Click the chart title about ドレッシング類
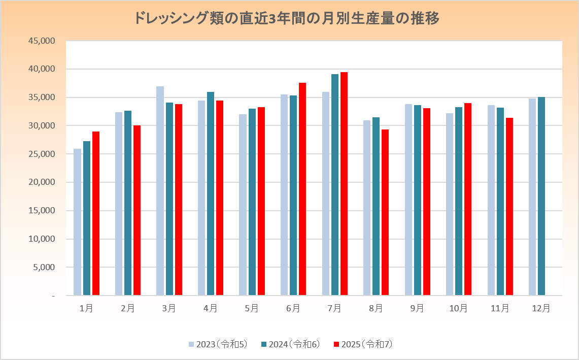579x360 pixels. point(287,19)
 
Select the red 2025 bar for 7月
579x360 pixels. point(344,183)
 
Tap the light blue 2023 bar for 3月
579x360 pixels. point(160,190)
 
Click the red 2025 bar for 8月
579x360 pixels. point(385,212)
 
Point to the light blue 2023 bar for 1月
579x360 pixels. point(77,222)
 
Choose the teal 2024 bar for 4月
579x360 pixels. point(211,193)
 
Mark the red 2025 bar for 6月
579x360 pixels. point(302,189)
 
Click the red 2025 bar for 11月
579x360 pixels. point(509,207)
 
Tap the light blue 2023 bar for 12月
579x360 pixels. point(532,197)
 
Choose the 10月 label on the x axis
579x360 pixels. point(459,308)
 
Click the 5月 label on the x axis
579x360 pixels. point(252,308)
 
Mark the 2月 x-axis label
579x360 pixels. point(128,308)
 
